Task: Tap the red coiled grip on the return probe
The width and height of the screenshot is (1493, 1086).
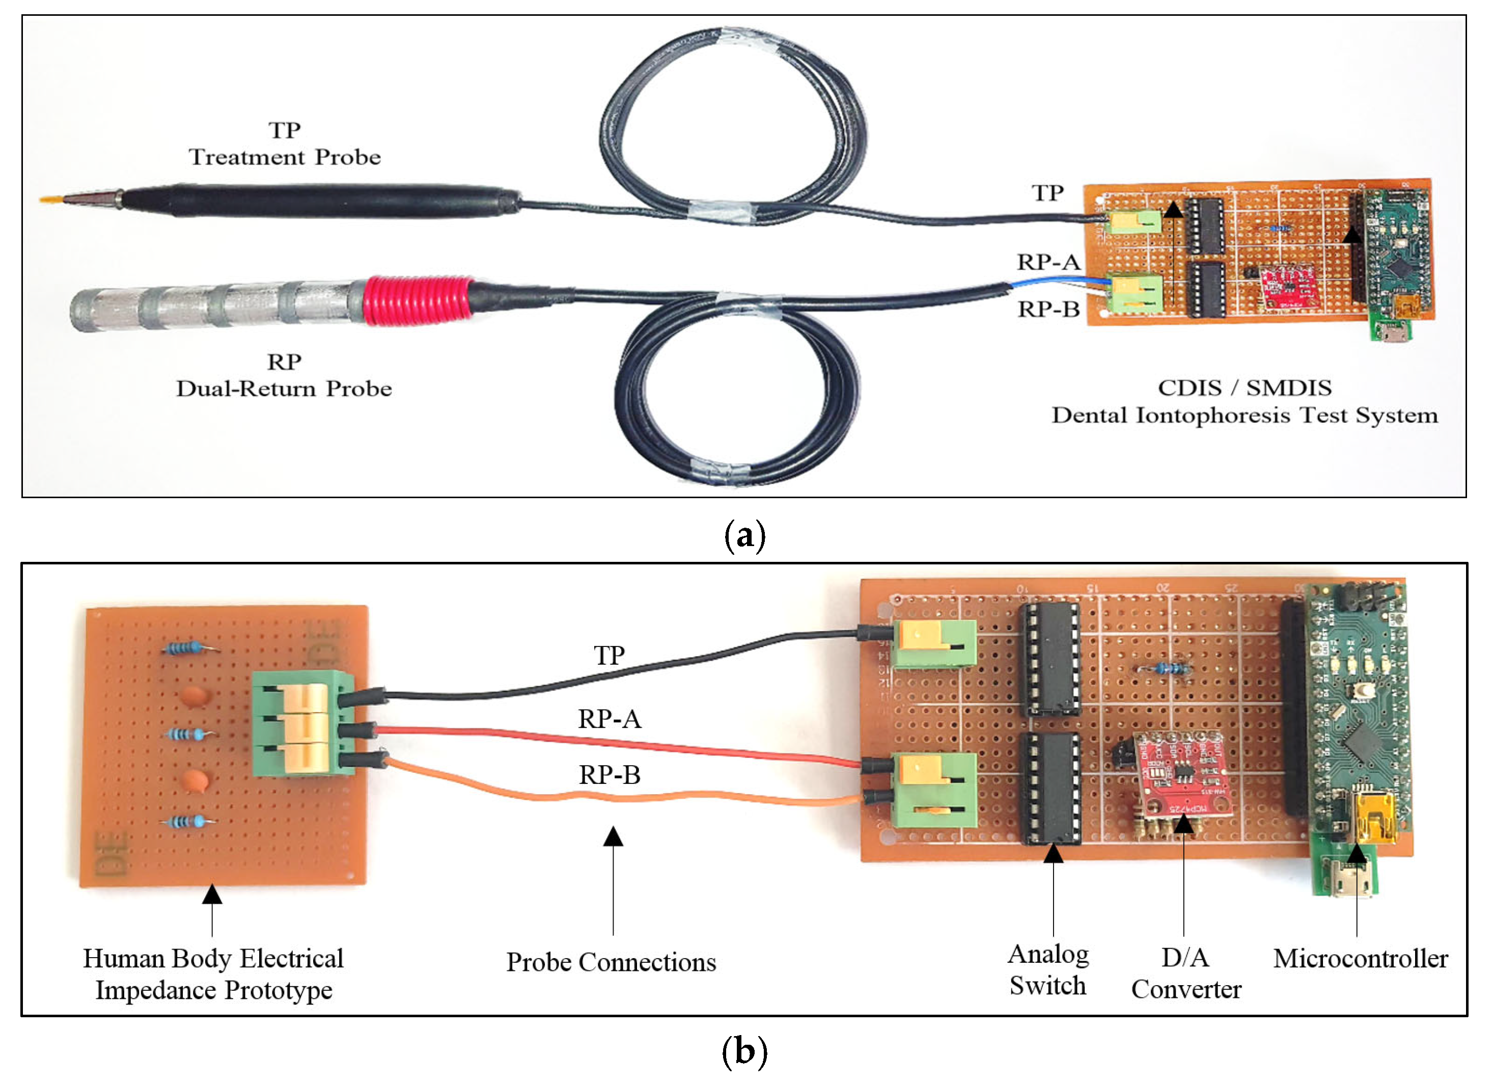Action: tap(418, 301)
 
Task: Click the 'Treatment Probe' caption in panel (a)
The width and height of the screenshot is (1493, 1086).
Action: tap(285, 157)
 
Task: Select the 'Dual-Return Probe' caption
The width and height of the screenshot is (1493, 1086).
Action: tap(284, 389)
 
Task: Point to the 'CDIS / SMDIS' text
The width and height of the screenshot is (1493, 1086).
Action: tap(1244, 388)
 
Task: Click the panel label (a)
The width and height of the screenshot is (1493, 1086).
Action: tap(744, 535)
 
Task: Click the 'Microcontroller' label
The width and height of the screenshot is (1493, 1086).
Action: tap(1361, 959)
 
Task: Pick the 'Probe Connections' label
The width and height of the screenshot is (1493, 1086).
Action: tap(611, 963)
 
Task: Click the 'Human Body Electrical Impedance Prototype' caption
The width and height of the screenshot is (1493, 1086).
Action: tap(213, 974)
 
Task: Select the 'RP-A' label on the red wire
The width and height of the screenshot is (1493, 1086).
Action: tap(610, 719)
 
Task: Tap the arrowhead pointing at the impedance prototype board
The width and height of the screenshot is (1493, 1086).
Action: tap(212, 894)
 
